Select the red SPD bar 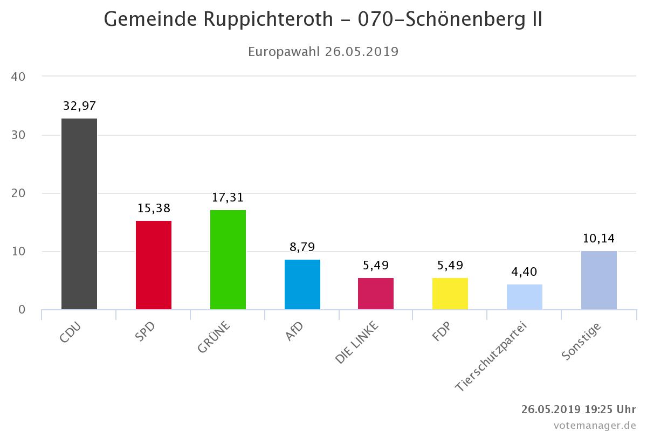click(154, 265)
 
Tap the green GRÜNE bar click(228, 260)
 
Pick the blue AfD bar click(302, 284)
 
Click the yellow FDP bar click(450, 294)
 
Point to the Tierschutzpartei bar click(525, 297)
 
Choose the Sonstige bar click(599, 280)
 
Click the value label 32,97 click(79, 106)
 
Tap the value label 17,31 click(228, 197)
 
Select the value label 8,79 click(302, 247)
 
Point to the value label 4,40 click(525, 272)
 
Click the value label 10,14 click(598, 238)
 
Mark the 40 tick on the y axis click(18, 77)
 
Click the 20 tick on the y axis click(18, 193)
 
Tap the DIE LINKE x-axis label click(357, 343)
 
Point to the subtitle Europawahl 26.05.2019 click(323, 52)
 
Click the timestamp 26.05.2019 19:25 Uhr click(579, 409)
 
